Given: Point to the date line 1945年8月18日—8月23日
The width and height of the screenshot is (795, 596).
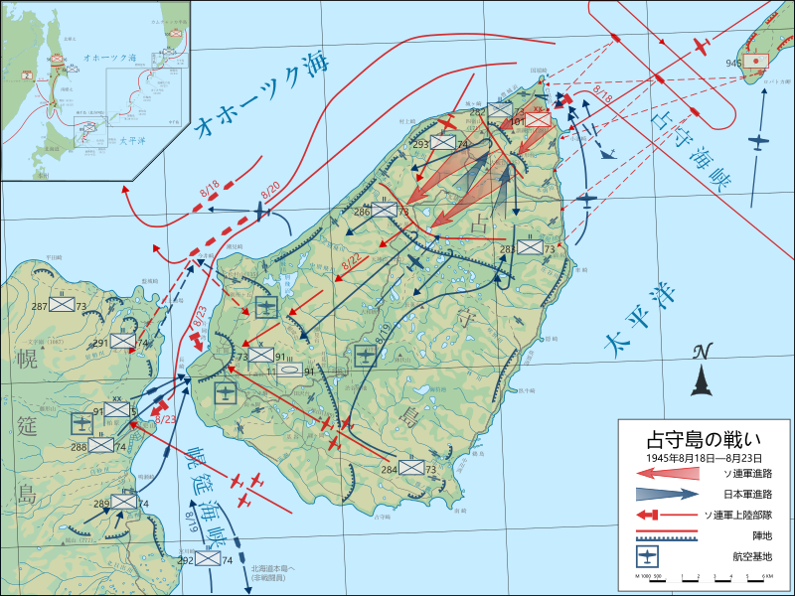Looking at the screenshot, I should [704, 458].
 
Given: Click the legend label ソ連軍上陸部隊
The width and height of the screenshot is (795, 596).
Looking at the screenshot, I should [744, 515].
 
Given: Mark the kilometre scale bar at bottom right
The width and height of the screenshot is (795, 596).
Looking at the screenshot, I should [703, 577].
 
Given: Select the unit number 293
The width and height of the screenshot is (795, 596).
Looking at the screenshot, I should [420, 144].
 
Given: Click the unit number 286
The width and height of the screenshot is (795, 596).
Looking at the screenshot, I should [362, 211].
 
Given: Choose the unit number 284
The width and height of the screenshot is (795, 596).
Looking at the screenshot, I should [389, 468].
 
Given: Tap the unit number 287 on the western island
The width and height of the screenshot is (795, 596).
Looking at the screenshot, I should [40, 306].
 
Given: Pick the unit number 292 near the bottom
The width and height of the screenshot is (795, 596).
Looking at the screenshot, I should [185, 560].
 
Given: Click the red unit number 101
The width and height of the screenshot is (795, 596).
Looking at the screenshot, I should [517, 122].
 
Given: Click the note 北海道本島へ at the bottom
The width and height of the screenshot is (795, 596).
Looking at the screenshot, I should [271, 568].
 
